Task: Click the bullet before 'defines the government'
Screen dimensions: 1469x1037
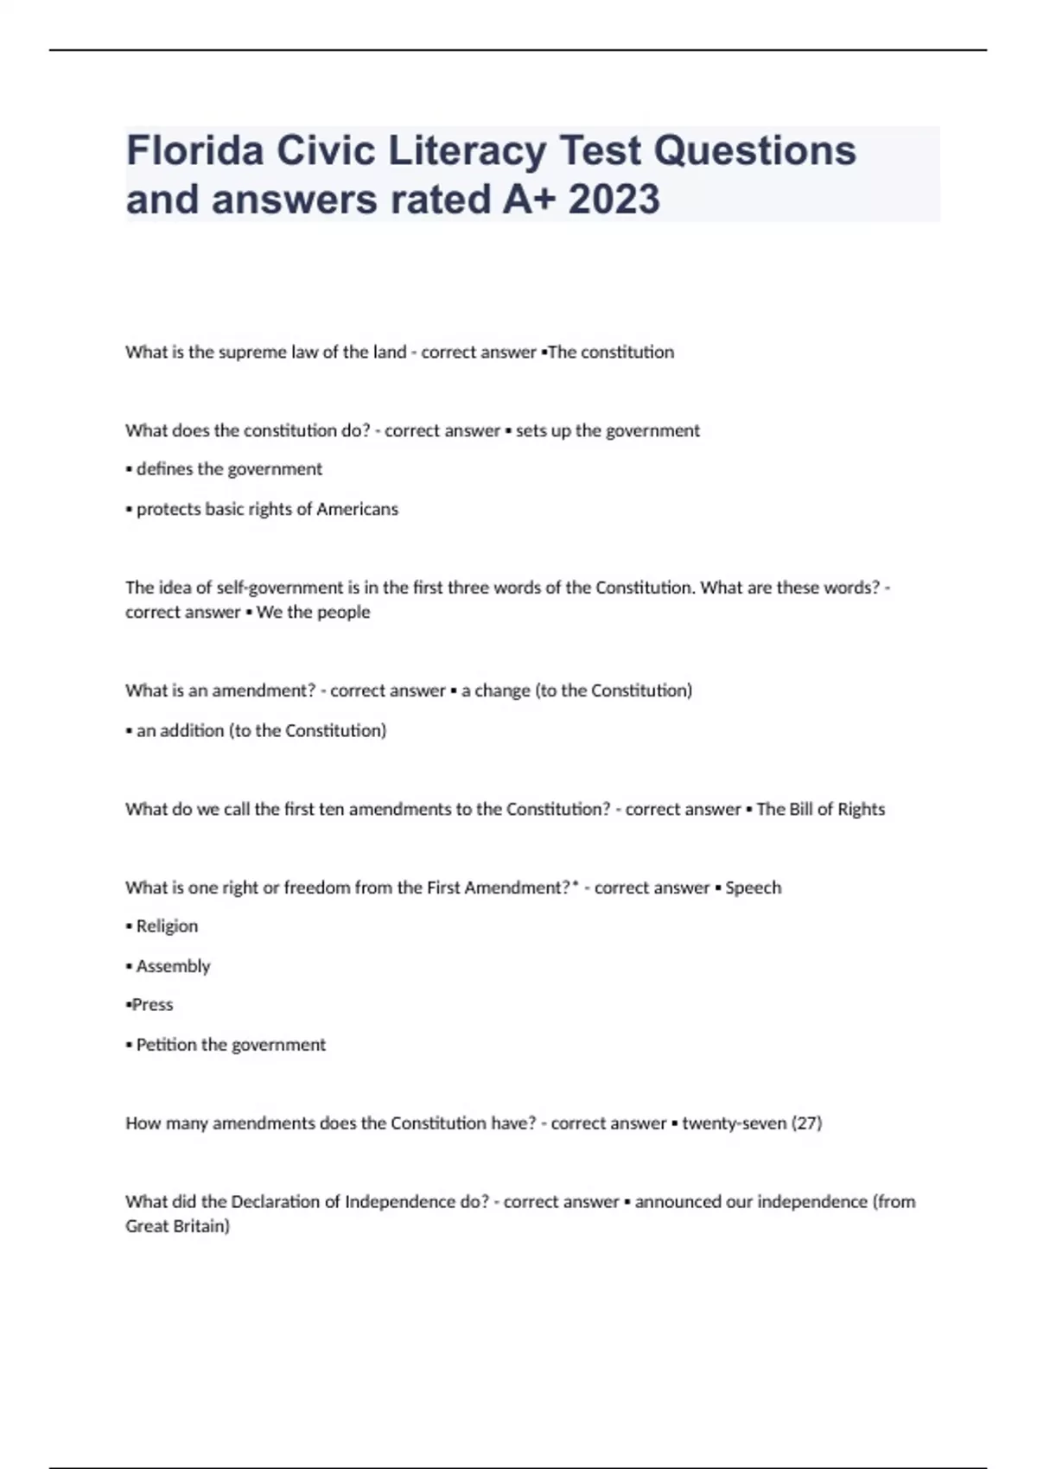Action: (129, 470)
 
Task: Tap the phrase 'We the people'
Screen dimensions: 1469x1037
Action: (313, 613)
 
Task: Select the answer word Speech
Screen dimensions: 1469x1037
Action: (753, 888)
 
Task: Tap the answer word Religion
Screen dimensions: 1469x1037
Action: (167, 926)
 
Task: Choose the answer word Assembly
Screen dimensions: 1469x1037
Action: (173, 966)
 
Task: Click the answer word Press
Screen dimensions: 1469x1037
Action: (152, 1005)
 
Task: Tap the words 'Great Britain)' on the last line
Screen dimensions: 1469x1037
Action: (177, 1226)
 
